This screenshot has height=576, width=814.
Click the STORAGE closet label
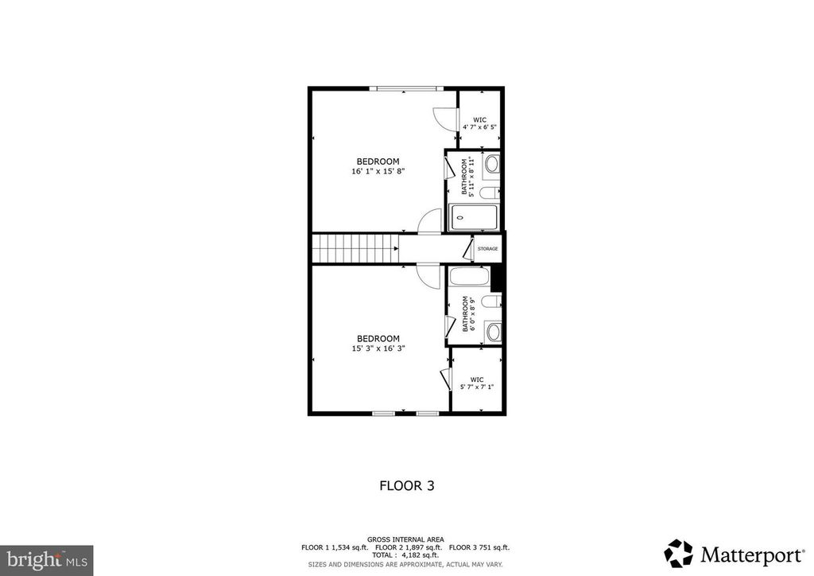click(487, 249)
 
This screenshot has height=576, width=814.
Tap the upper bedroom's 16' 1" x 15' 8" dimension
click(378, 171)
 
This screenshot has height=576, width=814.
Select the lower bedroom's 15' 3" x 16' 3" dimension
click(378, 348)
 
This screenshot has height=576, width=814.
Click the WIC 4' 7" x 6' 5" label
click(479, 123)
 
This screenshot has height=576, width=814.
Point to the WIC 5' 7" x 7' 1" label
click(477, 383)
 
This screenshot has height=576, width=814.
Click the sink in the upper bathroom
click(491, 165)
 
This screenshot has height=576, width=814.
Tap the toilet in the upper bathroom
click(490, 192)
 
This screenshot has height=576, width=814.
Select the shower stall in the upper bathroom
click(474, 217)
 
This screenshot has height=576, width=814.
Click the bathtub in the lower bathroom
click(470, 278)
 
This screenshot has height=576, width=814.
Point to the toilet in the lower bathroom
click(491, 303)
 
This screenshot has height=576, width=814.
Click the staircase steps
click(355, 248)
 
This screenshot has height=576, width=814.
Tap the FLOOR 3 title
click(406, 485)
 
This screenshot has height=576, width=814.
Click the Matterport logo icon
click(678, 552)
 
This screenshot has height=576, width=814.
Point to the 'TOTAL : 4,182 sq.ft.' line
click(405, 556)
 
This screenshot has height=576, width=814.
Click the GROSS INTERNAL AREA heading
click(405, 539)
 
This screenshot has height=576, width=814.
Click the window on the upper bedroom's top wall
click(406, 88)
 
